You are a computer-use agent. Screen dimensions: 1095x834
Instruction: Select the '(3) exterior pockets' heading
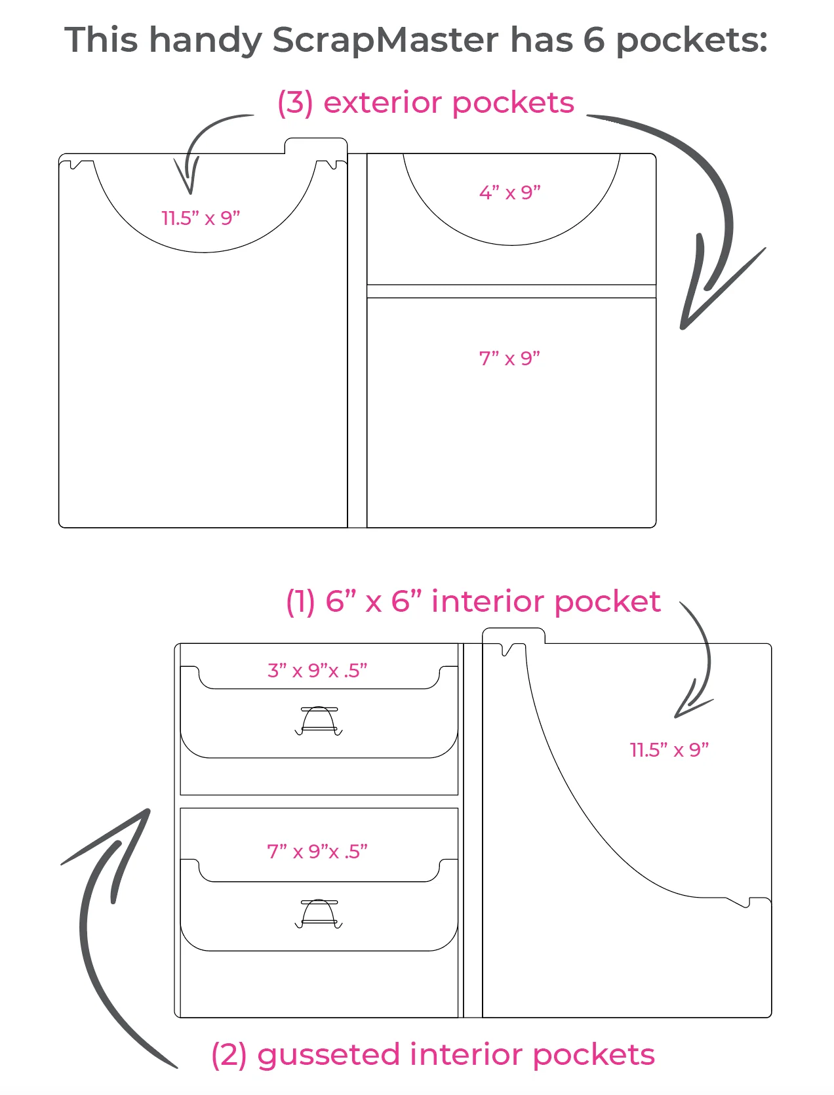426,103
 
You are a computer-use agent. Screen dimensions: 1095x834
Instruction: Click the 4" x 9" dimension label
509,193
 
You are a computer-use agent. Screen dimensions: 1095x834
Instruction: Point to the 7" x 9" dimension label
509,359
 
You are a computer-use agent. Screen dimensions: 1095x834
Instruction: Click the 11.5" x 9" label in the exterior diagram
201,218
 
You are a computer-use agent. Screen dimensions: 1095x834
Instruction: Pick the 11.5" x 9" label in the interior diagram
669,749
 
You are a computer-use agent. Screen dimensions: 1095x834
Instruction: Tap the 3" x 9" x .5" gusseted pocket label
317,671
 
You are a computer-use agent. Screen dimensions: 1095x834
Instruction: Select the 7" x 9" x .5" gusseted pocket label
317,851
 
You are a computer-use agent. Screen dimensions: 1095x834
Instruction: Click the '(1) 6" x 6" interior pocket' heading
473,601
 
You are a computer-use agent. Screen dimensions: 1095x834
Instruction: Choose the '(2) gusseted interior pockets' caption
433,1055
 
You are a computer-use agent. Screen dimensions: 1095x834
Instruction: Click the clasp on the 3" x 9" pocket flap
319,720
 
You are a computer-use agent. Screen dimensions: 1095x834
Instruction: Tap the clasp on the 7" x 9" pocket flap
319,913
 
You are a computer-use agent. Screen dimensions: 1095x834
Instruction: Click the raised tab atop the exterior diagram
315,146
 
